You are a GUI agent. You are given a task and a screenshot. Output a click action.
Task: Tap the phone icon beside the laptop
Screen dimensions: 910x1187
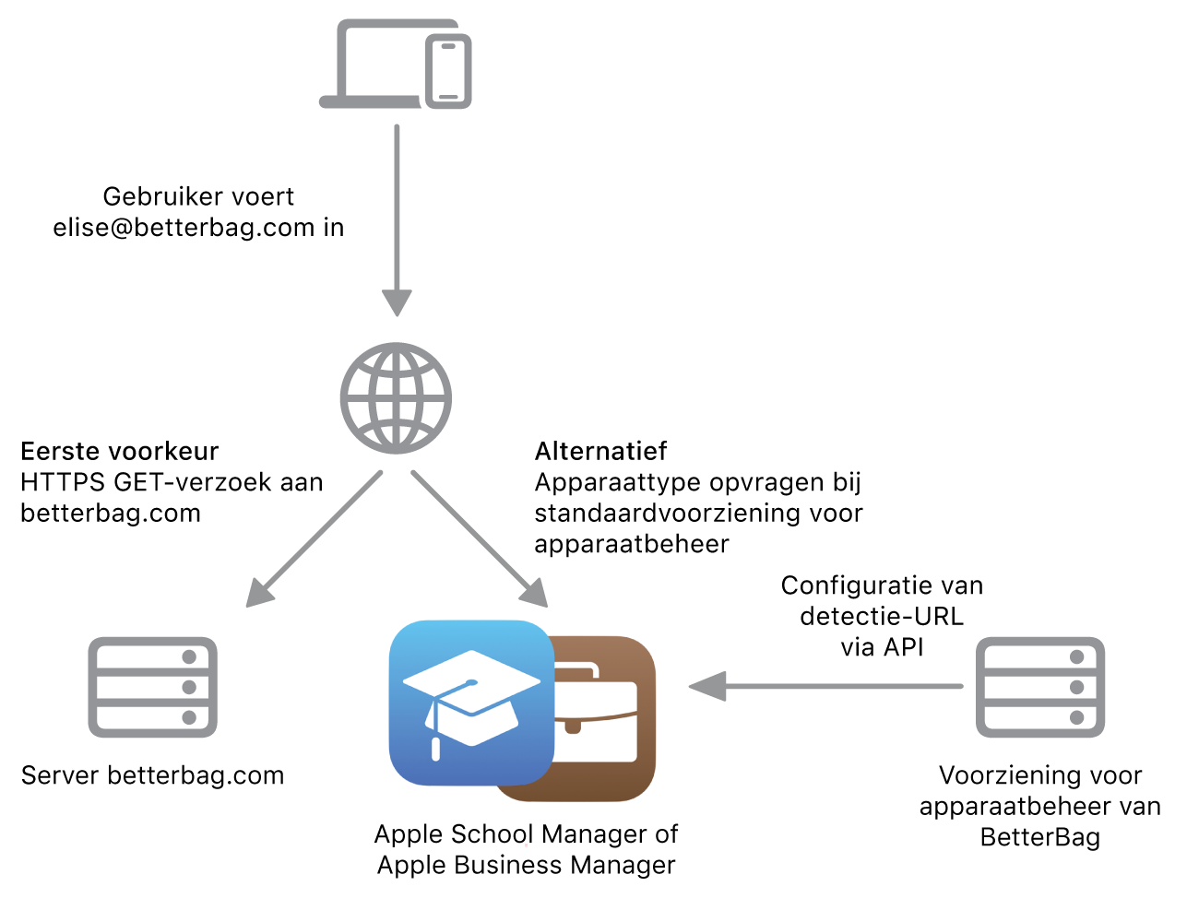449,72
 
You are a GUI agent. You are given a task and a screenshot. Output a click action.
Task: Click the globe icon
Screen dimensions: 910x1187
396,398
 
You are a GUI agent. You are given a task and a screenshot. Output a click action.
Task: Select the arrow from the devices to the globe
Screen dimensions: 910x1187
397,221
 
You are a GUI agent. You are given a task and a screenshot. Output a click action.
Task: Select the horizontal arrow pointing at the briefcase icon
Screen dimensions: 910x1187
825,686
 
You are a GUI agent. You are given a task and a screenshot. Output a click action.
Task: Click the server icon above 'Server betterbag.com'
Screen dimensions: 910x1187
152,687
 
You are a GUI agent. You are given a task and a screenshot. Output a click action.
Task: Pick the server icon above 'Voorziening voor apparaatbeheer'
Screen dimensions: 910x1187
1039,687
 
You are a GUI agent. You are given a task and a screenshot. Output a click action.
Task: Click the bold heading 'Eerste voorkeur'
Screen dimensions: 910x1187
120,451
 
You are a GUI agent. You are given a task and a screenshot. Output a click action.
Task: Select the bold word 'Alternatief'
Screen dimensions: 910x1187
600,451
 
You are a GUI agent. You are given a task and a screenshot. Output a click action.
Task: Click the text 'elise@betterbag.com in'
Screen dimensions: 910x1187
198,227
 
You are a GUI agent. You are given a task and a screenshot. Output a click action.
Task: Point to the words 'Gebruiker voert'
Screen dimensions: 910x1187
198,196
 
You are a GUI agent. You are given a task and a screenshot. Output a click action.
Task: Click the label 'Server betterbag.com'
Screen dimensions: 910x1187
152,775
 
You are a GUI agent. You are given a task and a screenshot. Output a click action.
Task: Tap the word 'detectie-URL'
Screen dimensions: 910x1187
881,616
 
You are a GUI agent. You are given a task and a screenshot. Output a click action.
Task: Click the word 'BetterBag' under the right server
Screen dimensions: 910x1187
1039,837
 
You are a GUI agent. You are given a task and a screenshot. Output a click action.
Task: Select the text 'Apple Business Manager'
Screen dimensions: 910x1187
526,865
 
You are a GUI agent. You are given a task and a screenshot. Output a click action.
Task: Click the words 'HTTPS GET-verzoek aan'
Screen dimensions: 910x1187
172,482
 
